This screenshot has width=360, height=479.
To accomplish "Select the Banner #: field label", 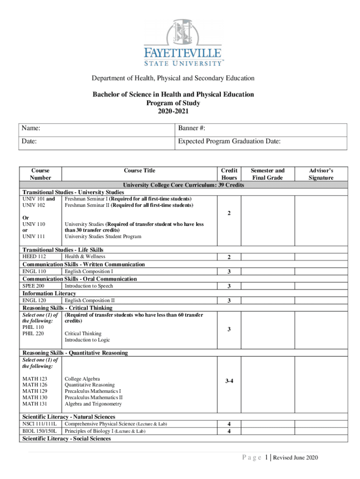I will pos(192,129).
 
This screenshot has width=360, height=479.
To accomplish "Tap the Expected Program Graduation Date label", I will pos(229,141).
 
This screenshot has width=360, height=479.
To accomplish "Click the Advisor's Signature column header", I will pos(320,174).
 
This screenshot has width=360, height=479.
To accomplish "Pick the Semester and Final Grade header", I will pos(267,174).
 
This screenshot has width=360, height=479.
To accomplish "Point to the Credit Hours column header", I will pos(229,174).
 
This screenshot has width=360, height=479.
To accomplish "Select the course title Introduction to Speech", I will pos(89,286).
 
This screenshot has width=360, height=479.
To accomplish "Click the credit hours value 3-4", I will pos(229,382).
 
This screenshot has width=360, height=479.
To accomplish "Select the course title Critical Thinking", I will pos(83,334).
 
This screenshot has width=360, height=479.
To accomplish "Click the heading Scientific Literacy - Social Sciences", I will pos(67,439).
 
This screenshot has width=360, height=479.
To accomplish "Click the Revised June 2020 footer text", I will pos(295,457).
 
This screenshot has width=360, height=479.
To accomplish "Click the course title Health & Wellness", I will pos(85,256).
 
